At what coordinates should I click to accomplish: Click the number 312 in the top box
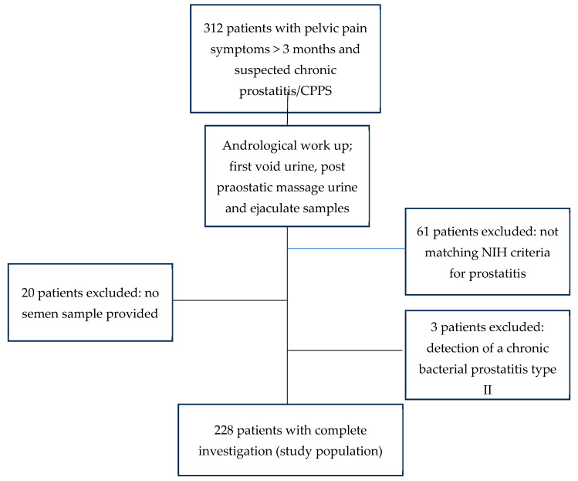point(213,29)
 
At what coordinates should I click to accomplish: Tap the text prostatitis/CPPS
point(286,91)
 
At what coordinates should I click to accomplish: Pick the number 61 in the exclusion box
point(423,232)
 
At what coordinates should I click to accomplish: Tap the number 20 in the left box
point(28,293)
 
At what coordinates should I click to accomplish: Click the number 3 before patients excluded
point(434,327)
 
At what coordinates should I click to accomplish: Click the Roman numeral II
point(487,390)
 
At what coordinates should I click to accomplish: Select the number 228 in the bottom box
point(224,431)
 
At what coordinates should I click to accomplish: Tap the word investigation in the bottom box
point(235,452)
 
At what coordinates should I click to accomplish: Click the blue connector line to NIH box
point(346,249)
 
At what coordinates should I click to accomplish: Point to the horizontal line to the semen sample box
point(230,300)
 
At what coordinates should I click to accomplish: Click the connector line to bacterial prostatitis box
point(345,350)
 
